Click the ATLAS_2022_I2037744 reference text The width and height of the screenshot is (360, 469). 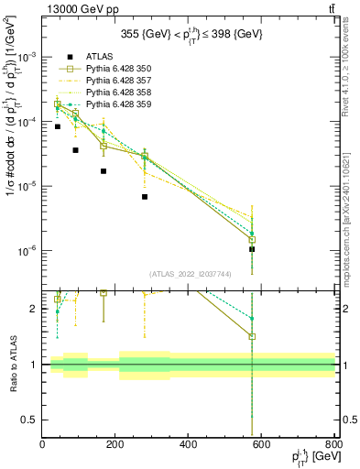[189, 273]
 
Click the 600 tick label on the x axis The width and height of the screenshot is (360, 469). [262, 445]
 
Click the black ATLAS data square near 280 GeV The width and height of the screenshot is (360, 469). [145, 197]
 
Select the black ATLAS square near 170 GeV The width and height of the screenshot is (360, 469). [104, 171]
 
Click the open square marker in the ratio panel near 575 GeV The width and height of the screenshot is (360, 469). [252, 336]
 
